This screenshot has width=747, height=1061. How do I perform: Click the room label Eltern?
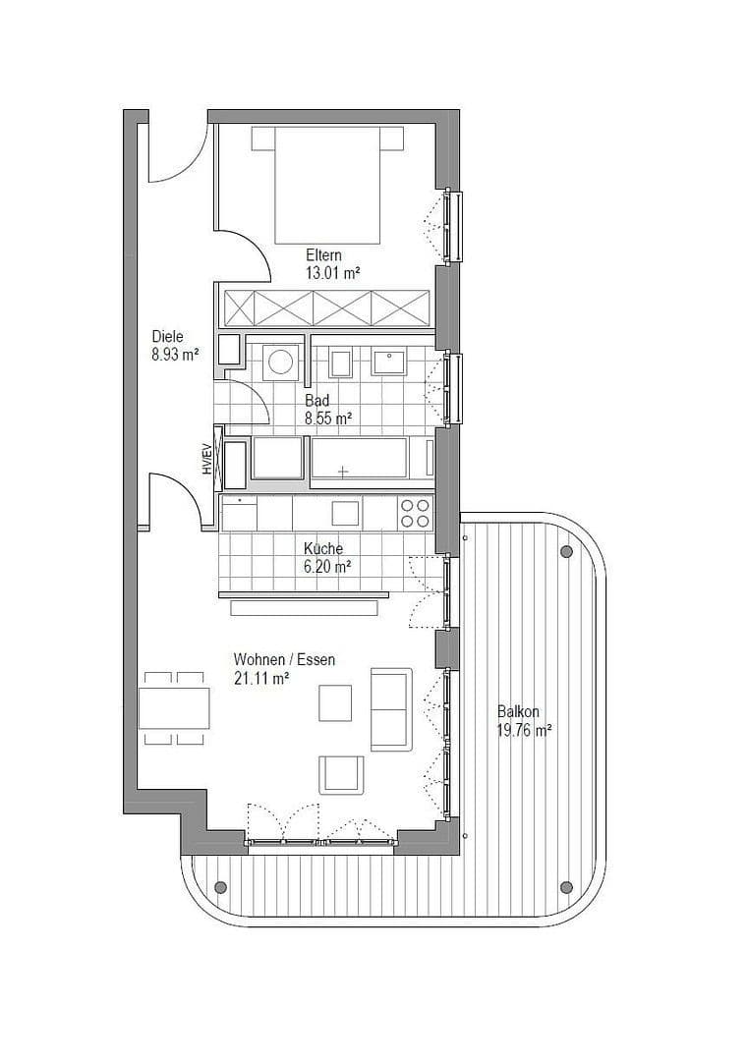323,255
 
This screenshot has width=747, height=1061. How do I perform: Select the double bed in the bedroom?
326,187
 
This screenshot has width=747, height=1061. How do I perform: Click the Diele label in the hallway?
168,336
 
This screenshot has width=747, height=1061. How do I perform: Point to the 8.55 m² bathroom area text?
328,419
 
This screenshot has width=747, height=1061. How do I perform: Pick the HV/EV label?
207,459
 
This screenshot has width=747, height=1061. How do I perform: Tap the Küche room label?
323,548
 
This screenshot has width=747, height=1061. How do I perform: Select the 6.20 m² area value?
327,567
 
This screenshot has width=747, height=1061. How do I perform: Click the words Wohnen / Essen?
284,659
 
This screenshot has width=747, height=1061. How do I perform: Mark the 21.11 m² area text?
260,678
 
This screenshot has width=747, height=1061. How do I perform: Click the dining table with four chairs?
174,707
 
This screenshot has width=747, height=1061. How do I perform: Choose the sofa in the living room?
390,709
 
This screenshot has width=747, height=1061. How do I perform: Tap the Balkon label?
517,711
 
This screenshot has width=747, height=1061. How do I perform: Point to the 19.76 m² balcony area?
524,730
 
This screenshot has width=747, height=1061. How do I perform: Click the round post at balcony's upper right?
566,551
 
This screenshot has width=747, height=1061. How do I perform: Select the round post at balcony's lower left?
218,886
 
